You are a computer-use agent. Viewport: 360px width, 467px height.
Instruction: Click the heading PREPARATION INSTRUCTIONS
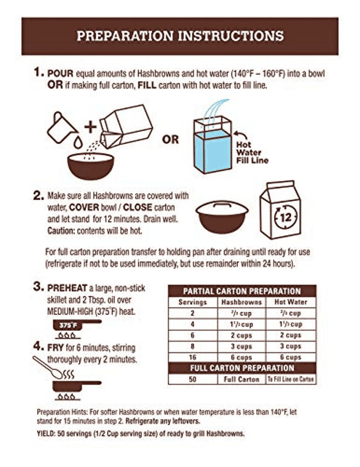click(x=180, y=36)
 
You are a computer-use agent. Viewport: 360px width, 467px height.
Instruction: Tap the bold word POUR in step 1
click(x=60, y=74)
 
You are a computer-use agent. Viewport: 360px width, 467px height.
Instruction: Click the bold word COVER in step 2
click(x=84, y=208)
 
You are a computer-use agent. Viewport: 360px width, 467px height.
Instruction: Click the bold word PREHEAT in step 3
click(x=67, y=288)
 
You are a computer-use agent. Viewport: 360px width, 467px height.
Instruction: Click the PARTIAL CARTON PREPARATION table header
click(x=242, y=291)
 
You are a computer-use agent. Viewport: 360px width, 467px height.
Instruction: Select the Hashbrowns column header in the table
click(x=242, y=302)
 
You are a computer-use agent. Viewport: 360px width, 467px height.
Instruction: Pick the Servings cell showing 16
click(x=193, y=357)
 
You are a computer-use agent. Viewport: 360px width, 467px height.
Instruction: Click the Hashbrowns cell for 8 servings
click(x=241, y=346)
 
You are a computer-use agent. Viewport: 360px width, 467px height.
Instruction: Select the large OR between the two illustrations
click(x=170, y=140)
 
